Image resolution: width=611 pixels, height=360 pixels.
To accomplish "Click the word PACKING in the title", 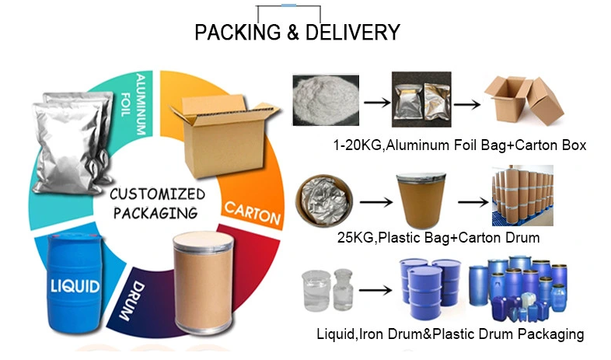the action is [237, 33].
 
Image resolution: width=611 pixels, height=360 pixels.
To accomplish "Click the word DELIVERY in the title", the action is [353, 33].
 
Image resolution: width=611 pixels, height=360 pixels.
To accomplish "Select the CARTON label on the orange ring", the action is [253, 213].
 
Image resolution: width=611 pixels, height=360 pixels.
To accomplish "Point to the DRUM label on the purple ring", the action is [131, 301].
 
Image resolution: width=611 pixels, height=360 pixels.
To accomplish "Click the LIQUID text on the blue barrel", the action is [75, 286].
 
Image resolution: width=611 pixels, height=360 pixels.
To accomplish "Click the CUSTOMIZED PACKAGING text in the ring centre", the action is [157, 204].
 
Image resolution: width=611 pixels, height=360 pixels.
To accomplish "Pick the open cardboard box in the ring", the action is [224, 135].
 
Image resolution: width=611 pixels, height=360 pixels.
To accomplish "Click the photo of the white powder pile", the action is [326, 100].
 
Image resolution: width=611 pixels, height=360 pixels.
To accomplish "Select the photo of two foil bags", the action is [421, 100].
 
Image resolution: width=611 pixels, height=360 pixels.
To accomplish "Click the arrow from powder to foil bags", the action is [377, 103].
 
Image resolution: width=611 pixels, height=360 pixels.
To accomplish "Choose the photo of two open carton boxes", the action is [524, 100].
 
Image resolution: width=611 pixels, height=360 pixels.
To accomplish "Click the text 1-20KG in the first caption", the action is [358, 145].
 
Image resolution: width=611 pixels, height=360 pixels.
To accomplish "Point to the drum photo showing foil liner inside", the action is [324, 201].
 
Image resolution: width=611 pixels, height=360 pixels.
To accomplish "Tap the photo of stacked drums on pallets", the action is [522, 196].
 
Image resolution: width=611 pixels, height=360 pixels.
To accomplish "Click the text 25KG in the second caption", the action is [355, 237].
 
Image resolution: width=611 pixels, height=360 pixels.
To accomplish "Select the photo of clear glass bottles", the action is [328, 290].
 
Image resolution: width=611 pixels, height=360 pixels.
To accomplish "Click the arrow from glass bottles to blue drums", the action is [375, 290].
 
